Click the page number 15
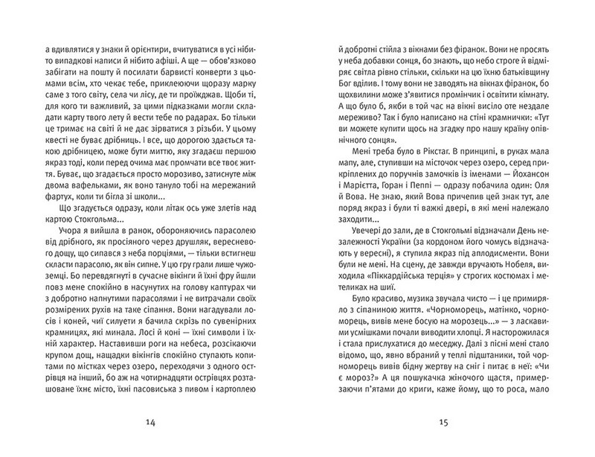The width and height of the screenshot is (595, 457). point(443,424)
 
